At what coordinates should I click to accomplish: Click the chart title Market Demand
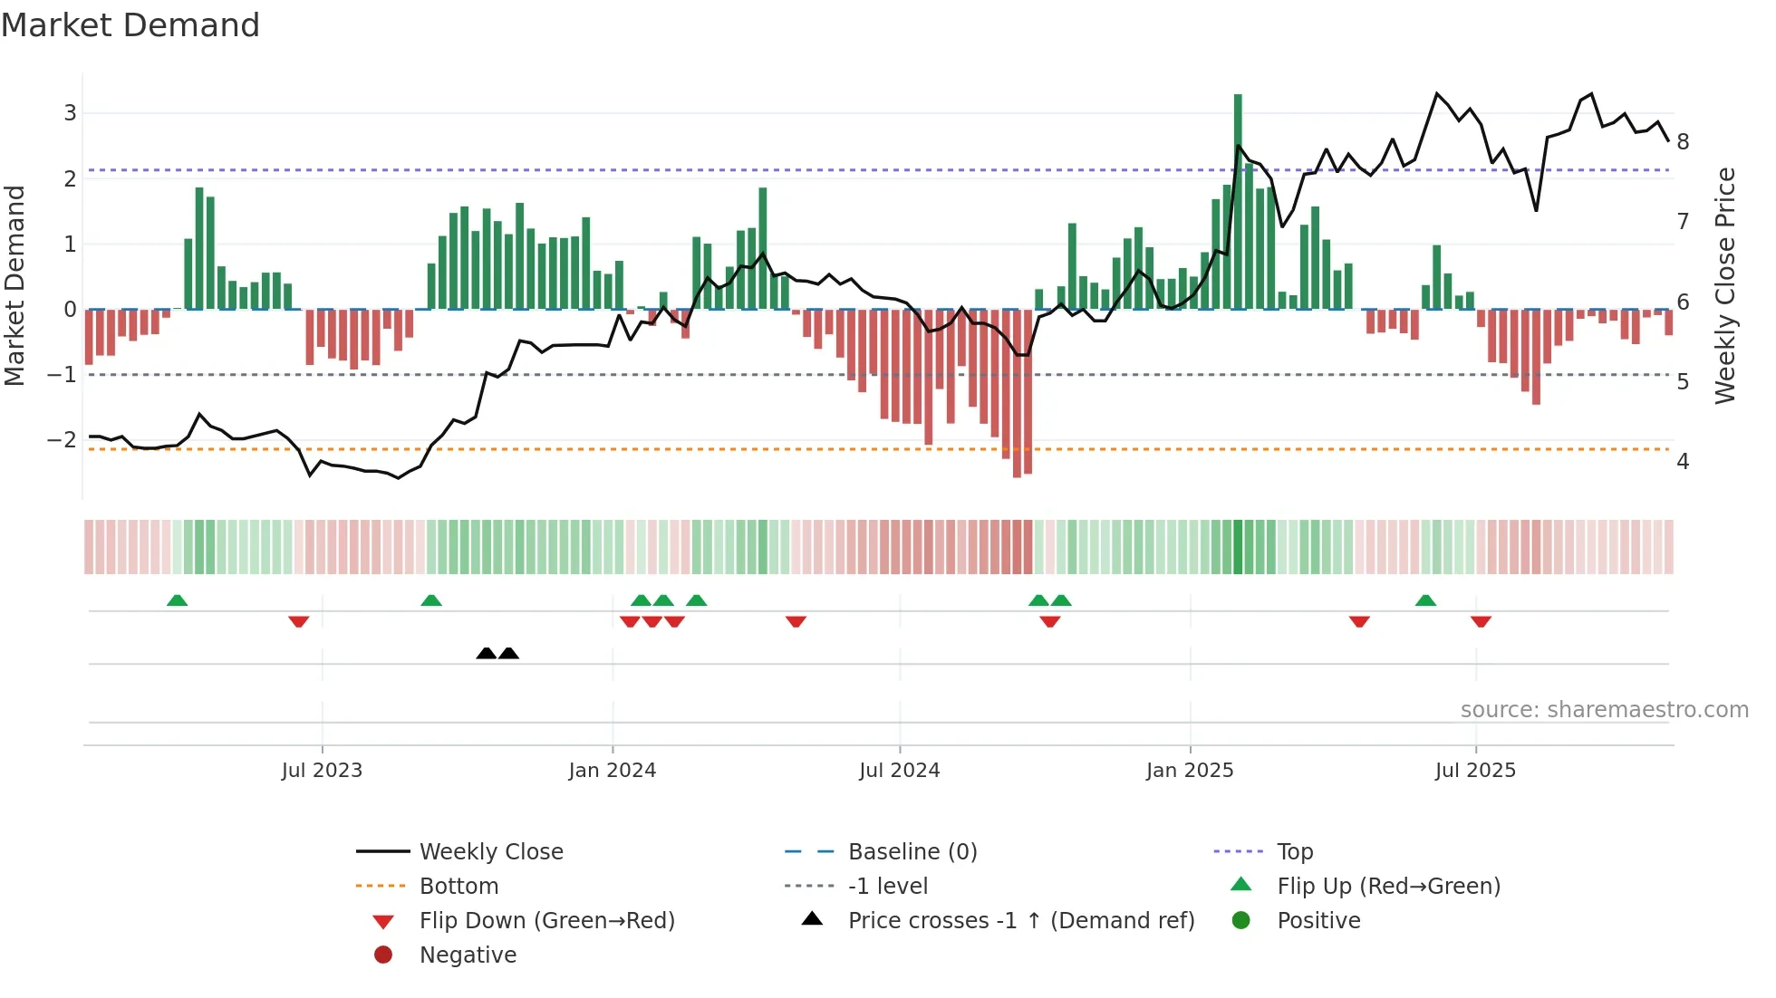point(130,25)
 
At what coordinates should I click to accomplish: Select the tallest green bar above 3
point(1238,199)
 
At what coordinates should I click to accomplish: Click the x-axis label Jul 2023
point(322,771)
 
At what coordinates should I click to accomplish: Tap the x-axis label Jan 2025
point(1189,771)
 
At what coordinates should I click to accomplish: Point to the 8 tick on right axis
point(1683,142)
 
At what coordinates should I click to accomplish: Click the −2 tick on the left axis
point(63,440)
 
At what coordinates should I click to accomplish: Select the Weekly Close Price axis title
point(1724,285)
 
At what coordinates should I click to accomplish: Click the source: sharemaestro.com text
point(1604,710)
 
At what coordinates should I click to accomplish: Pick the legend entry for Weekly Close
point(490,852)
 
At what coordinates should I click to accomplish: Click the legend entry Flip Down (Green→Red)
point(546,921)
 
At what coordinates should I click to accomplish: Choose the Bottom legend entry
point(458,887)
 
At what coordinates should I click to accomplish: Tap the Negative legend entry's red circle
point(383,955)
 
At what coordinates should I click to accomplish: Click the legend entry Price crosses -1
point(1020,921)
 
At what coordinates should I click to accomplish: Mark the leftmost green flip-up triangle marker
point(178,600)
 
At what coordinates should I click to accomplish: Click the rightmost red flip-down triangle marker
point(1481,621)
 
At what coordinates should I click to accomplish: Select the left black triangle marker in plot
point(487,653)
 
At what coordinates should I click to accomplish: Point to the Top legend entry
point(1294,852)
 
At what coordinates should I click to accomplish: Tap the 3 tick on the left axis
point(70,113)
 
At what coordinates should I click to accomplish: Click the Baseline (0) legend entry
point(912,852)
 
